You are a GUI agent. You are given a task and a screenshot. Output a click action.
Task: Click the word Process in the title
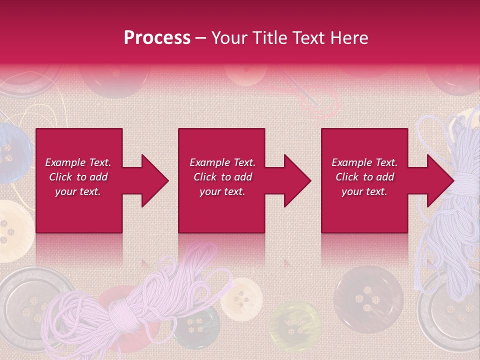coord(157,37)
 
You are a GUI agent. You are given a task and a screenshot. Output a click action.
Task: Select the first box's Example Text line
coord(78,162)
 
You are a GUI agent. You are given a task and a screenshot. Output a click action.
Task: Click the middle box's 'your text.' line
coord(222,191)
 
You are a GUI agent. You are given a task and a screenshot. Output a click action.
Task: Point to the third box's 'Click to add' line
coord(364,177)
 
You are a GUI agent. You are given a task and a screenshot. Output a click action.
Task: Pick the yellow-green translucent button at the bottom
coord(295,325)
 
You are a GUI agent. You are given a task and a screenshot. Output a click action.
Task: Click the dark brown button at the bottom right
coord(368,299)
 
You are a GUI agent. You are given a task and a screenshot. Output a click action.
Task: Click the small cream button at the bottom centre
coord(242,299)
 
